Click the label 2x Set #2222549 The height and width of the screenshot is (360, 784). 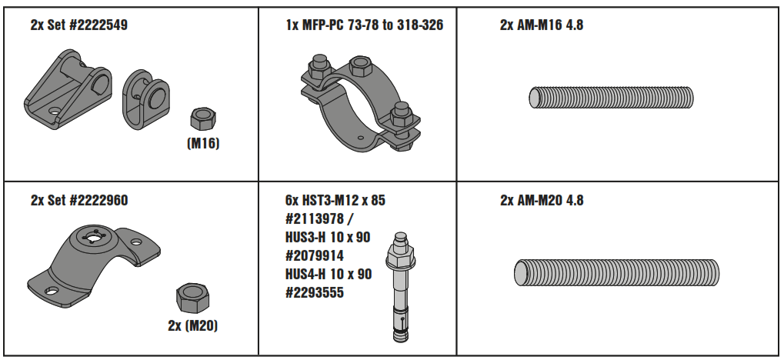pos(79,25)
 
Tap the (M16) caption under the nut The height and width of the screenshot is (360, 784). pos(203,142)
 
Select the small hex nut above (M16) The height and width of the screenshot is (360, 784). pos(203,119)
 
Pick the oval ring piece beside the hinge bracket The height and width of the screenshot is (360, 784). pos(147,98)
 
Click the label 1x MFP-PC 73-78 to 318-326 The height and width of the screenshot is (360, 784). pos(364,25)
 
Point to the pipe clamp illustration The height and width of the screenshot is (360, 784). pos(358,100)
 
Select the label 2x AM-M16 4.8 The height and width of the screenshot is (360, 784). pos(542,25)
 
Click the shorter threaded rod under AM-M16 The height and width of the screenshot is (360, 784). pos(611,98)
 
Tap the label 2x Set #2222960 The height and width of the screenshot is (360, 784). pos(79,201)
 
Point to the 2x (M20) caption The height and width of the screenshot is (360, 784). pos(192,325)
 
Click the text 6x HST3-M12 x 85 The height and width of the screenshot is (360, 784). pos(335,201)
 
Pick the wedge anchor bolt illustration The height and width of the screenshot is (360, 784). pos(399,285)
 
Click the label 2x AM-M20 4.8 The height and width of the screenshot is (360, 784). pos(542,201)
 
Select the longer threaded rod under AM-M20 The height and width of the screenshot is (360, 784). pos(616,273)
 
